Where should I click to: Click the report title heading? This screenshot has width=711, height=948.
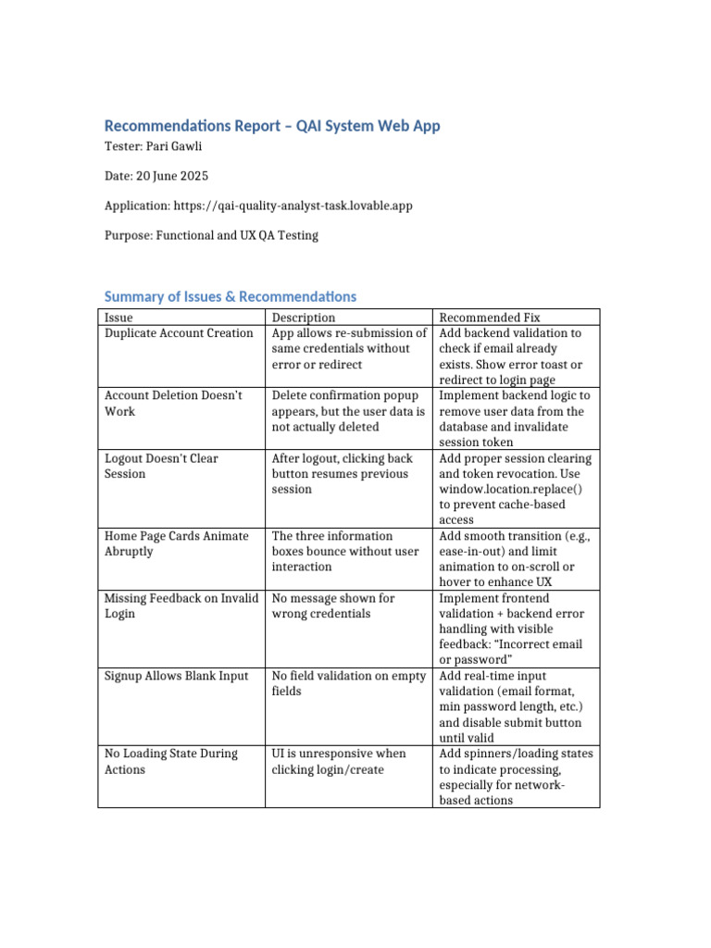(272, 126)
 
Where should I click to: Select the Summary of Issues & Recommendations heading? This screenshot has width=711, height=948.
(230, 296)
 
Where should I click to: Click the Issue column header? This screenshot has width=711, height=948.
(118, 318)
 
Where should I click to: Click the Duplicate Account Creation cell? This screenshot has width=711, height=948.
(179, 333)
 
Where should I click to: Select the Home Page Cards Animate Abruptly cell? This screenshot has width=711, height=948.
(176, 543)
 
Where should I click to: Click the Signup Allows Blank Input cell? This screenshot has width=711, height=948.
(176, 676)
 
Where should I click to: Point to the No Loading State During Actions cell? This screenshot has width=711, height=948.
(170, 761)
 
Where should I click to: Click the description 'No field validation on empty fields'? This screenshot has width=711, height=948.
(348, 683)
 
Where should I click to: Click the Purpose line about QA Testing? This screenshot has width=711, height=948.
(211, 235)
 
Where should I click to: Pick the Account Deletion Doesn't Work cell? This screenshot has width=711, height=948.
(173, 403)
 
